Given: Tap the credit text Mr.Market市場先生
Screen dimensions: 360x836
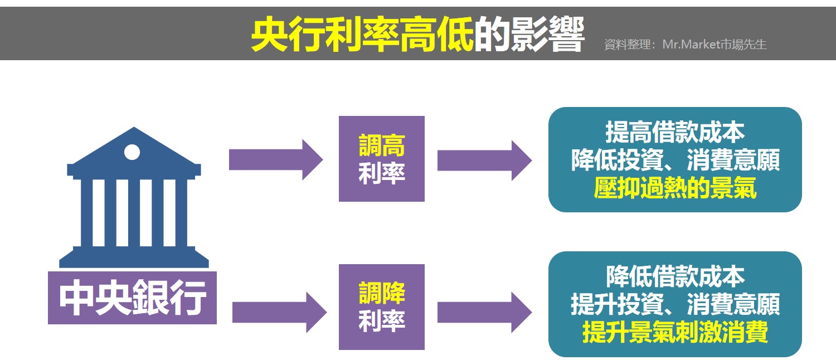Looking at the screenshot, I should pyautogui.click(x=715, y=45).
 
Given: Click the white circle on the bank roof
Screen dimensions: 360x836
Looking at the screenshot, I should pyautogui.click(x=132, y=152).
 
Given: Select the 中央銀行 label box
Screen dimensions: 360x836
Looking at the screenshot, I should pyautogui.click(x=132, y=298).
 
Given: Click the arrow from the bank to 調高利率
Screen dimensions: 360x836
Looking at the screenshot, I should pyautogui.click(x=275, y=160).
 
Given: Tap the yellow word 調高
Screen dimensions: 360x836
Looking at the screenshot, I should pyautogui.click(x=382, y=147).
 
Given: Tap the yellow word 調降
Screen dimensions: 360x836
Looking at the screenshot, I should pyautogui.click(x=382, y=294).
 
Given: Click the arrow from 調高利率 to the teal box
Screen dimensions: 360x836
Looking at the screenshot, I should pyautogui.click(x=484, y=160).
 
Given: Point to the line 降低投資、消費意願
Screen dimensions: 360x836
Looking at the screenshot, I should pyautogui.click(x=675, y=161).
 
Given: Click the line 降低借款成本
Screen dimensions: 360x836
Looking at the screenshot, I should pyautogui.click(x=675, y=277).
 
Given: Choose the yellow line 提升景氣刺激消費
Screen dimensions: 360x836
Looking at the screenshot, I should pyautogui.click(x=675, y=333).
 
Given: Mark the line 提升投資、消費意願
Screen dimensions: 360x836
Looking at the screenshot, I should pyautogui.click(x=675, y=305).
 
